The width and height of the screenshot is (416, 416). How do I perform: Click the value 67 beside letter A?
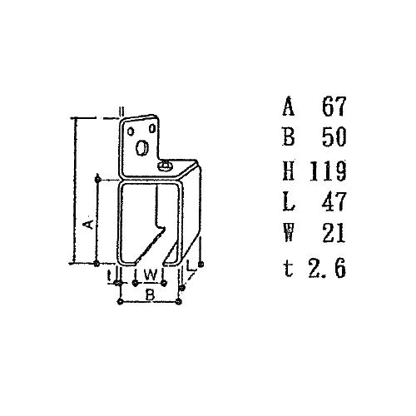click(334, 106)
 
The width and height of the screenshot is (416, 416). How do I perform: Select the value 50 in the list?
click(334, 136)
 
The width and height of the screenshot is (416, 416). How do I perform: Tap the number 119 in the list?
click(328, 171)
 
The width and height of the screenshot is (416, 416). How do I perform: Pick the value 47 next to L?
click(334, 201)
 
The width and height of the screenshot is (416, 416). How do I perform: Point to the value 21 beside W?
click(334, 233)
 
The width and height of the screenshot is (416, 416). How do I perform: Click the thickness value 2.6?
click(327, 268)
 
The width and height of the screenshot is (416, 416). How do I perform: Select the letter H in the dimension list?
click(289, 171)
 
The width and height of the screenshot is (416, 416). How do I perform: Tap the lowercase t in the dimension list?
click(289, 269)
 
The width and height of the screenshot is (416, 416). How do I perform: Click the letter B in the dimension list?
click(289, 136)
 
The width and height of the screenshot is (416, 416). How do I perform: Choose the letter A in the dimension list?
click(289, 106)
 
